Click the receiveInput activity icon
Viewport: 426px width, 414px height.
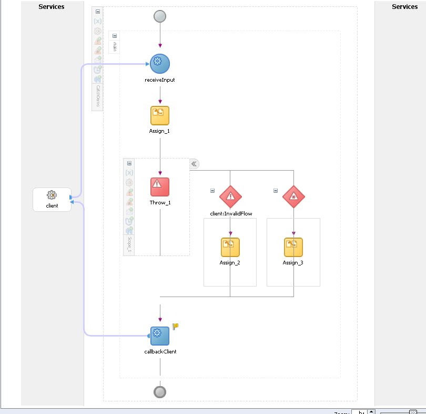[160, 64]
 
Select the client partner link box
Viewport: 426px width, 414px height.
[52, 200]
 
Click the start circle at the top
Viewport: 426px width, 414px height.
[160, 17]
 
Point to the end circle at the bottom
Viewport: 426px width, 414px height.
[160, 392]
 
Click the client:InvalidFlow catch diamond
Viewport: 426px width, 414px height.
[230, 197]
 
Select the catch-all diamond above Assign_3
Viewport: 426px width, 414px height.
[293, 197]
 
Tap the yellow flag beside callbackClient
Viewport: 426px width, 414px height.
[176, 327]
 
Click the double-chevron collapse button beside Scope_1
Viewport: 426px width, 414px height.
[194, 164]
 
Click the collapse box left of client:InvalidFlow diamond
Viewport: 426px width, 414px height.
[212, 191]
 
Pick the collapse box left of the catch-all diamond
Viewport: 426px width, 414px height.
[276, 191]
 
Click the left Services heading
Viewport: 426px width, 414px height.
[52, 7]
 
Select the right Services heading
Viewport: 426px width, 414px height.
[405, 7]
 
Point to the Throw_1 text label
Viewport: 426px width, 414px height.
[160, 203]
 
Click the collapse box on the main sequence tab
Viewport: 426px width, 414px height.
[115, 36]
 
